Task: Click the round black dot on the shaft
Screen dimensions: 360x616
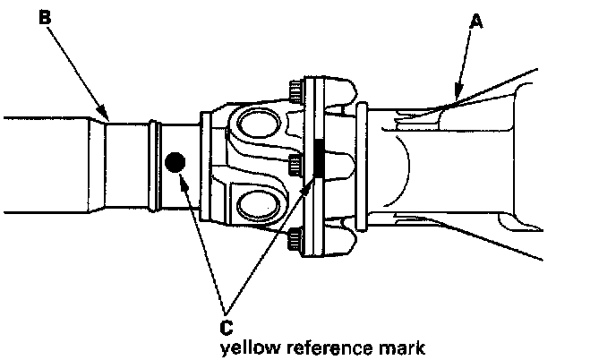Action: (175, 162)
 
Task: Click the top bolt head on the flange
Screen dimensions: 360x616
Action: (296, 90)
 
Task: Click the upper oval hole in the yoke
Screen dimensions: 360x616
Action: (261, 123)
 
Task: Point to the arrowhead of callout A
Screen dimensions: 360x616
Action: (454, 95)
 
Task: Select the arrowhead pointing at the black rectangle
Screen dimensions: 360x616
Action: (312, 182)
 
